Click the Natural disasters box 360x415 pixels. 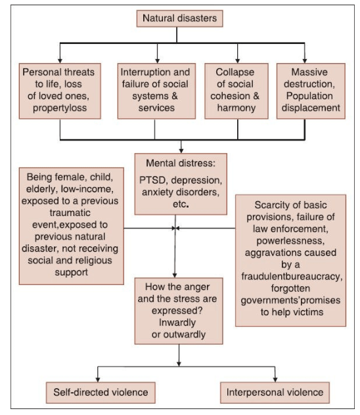(179, 18)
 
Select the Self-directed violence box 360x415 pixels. (101, 393)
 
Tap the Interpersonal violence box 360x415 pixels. (275, 393)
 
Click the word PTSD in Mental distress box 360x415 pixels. (154, 180)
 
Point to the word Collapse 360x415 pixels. (235, 72)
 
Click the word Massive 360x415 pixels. (309, 72)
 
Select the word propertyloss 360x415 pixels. (60, 108)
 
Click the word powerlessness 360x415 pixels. (290, 241)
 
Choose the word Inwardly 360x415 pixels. (177, 322)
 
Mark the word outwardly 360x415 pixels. (185, 334)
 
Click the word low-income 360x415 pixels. (87, 189)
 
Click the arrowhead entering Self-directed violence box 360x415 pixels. (98, 380)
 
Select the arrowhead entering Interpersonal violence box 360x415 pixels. (275, 380)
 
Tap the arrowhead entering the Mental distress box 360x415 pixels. (181, 150)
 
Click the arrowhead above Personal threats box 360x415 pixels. (60, 60)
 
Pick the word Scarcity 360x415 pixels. (269, 205)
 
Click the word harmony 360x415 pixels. (236, 108)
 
